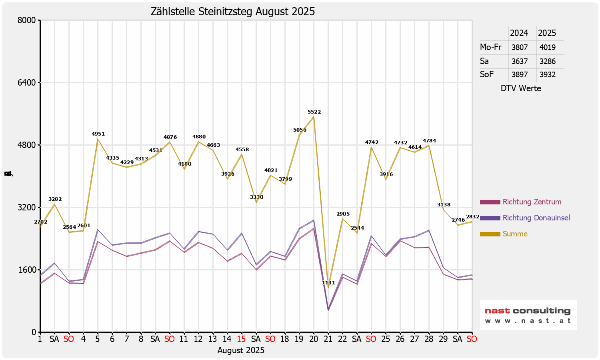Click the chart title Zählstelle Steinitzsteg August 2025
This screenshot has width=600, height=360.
pos(232,12)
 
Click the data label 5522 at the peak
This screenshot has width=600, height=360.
pos(314,112)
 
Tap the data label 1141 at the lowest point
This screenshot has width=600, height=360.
pos(328,283)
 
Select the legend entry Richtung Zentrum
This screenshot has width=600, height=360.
pos(532,202)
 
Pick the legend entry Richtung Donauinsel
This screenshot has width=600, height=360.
pos(536,218)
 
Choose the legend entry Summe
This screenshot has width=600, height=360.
pos(515,234)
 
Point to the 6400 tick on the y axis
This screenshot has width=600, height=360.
pos(27,83)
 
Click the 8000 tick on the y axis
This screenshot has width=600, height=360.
pos(27,20)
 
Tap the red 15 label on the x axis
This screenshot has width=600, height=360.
pos(241,339)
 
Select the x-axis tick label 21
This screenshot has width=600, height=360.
pos(328,339)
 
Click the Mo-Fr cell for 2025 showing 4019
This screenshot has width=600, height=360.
pos(547,47)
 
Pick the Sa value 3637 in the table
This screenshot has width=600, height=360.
pos(519,61)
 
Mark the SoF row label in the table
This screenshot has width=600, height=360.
pos(487,74)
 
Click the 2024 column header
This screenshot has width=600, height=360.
pos(519,33)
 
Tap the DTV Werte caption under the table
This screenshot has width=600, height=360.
pos(520,88)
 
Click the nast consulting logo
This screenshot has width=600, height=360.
pos(528,315)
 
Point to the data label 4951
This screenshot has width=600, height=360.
pos(98,134)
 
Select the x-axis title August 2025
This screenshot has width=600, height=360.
pos(241,350)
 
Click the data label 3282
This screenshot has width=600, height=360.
pos(55,199)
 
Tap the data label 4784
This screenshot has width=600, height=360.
pos(429,141)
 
